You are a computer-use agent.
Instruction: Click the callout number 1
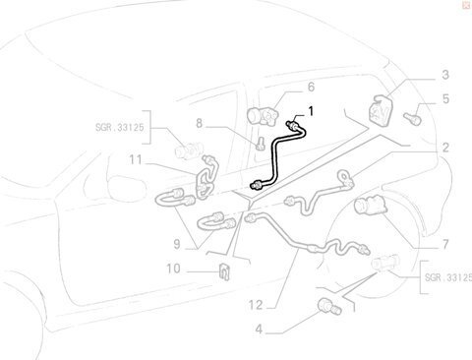311,111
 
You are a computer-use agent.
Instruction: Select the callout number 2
445,148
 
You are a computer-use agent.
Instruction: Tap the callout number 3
445,75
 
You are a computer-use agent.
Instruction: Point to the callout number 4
259,330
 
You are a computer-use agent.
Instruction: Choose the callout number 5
445,99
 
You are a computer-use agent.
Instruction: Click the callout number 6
311,87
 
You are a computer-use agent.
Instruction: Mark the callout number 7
445,244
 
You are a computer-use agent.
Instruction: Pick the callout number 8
200,124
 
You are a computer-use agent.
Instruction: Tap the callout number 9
177,244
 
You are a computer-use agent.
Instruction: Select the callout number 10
173,269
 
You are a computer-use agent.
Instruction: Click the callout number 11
136,160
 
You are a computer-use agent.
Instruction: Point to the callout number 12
256,305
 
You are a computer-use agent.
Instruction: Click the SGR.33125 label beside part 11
120,127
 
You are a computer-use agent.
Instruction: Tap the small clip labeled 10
224,270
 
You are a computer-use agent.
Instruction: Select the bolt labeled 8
261,144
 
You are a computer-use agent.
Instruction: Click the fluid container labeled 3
382,109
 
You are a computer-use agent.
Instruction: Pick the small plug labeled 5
412,118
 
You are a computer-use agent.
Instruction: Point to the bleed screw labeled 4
329,306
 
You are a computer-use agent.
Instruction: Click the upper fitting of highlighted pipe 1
293,125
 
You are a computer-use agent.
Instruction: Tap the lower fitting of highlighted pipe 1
256,186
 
